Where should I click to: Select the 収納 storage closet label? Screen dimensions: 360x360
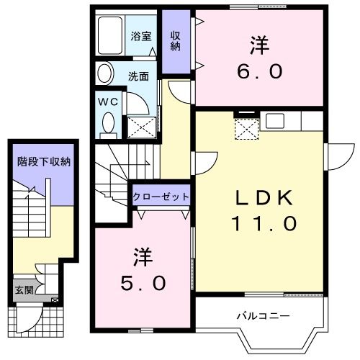click(175, 40)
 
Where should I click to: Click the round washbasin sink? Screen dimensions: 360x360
click(106, 73)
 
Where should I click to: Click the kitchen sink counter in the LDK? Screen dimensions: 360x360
click(275, 122)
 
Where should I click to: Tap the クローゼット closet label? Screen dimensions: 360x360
click(161, 197)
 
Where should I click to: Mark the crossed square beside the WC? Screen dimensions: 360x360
click(138, 127)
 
